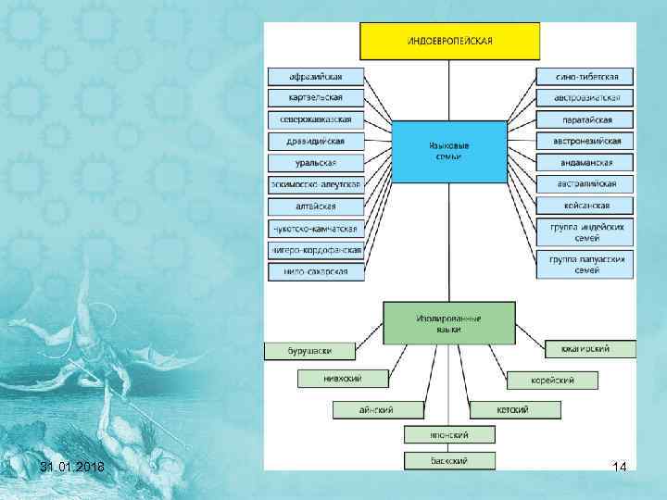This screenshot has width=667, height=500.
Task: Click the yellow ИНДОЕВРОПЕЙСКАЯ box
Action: point(449,41)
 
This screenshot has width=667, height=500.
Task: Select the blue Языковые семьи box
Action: point(449,151)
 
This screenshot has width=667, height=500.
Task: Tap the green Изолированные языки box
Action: point(449,323)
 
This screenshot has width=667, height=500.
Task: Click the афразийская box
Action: point(317,76)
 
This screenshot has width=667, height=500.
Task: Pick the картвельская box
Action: point(317,97)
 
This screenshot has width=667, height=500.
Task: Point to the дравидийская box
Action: point(317,142)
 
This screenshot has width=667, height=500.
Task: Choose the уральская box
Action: point(317,163)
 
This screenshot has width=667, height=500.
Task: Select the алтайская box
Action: point(317,206)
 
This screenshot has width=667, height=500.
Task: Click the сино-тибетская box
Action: point(585,76)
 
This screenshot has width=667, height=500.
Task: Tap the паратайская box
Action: point(585,119)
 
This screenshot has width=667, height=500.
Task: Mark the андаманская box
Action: point(585,162)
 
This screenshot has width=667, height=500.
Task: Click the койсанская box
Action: point(585,206)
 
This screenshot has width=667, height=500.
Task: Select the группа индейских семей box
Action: point(585,231)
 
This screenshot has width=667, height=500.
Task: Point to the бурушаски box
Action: point(310,351)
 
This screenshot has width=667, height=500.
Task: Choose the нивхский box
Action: point(343,378)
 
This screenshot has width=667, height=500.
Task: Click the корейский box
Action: point(553,380)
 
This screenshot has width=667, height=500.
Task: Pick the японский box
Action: point(449,434)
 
